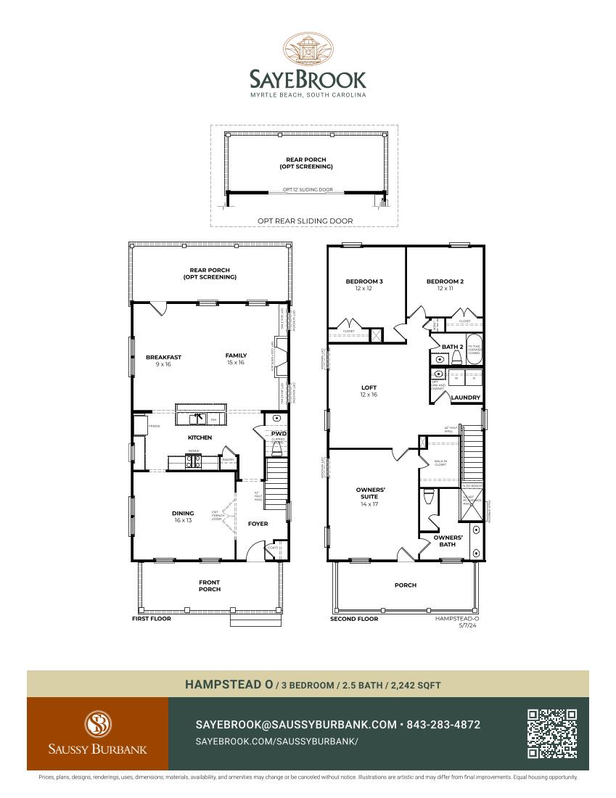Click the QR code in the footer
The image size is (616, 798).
552,733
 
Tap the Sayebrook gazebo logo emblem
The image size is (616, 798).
308,49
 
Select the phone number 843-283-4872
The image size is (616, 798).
443,725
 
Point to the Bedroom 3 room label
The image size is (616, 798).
364,281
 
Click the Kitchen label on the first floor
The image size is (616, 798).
200,437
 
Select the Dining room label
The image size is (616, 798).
182,513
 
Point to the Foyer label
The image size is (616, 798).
258,523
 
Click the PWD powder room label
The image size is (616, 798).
279,434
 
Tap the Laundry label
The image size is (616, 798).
465,398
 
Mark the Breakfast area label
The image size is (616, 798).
163,357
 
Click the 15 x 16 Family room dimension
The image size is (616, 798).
235,362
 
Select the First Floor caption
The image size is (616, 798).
151,619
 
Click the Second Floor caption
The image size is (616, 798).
354,619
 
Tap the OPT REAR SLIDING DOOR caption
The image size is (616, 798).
305,221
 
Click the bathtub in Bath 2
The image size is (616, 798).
474,349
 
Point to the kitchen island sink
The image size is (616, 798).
197,419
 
